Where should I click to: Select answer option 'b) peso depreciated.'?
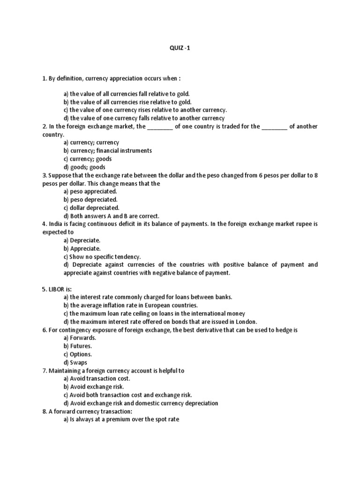90,200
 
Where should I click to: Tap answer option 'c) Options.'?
78,354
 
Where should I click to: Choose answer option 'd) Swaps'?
75,362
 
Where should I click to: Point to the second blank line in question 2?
274,127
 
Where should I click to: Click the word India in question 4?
55,224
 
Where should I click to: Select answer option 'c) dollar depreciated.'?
91,208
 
